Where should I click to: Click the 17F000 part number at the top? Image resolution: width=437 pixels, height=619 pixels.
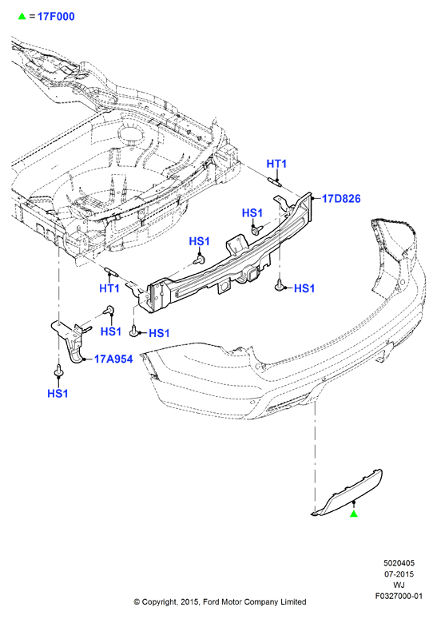(56, 17)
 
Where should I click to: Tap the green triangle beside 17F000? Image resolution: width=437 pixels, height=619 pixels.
(22, 16)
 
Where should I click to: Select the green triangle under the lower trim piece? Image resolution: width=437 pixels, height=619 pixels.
(354, 514)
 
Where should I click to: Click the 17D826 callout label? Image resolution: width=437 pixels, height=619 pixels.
(341, 198)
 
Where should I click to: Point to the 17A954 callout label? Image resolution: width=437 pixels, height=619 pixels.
(113, 359)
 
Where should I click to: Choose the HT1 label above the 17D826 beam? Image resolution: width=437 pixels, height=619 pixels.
(276, 164)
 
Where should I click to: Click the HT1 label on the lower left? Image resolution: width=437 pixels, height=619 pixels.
(109, 288)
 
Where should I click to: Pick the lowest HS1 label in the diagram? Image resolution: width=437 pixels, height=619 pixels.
(58, 393)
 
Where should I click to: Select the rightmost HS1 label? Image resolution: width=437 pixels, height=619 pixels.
(304, 288)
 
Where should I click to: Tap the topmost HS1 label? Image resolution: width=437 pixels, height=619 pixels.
(252, 213)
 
